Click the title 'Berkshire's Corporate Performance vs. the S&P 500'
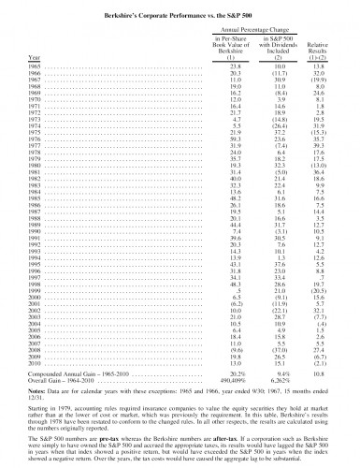pos(180,8)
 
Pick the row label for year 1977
pos(34,147)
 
